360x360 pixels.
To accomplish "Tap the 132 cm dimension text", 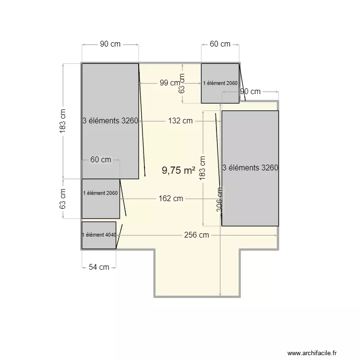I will [x=180, y=121].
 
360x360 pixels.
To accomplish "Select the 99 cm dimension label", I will [x=170, y=83].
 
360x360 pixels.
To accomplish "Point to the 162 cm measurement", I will [x=171, y=198].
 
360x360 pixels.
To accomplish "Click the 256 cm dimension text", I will [x=197, y=235].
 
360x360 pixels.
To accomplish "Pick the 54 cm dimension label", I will [x=99, y=267].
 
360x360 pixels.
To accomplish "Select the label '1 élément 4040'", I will [x=99, y=235].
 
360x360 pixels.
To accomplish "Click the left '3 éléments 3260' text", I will [x=110, y=121].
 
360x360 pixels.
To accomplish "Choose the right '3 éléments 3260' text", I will [x=250, y=168].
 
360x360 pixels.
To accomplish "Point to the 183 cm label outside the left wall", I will [x=62, y=121].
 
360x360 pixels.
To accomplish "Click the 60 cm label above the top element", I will [x=220, y=44].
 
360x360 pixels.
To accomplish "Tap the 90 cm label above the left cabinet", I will [x=110, y=44].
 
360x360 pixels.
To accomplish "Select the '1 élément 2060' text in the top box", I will [x=220, y=83].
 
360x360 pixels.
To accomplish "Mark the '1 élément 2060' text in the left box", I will [x=100, y=193].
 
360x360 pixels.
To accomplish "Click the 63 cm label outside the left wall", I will [x=62, y=198].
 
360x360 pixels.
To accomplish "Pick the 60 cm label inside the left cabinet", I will [x=101, y=160].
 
